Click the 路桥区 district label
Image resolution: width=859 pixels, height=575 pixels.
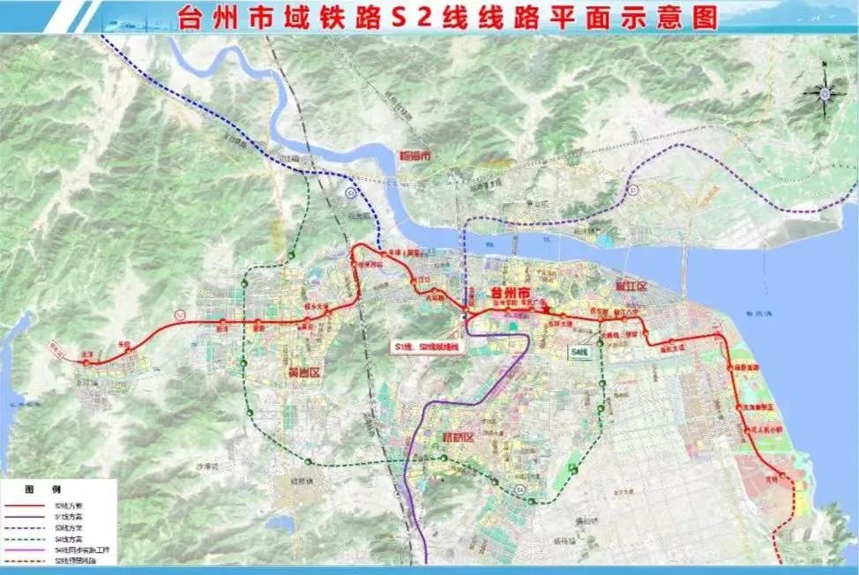point(458,437)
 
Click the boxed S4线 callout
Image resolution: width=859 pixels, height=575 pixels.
point(579,351)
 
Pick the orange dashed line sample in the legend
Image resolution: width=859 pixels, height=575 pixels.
point(26,560)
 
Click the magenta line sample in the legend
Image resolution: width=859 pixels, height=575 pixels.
point(26,549)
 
